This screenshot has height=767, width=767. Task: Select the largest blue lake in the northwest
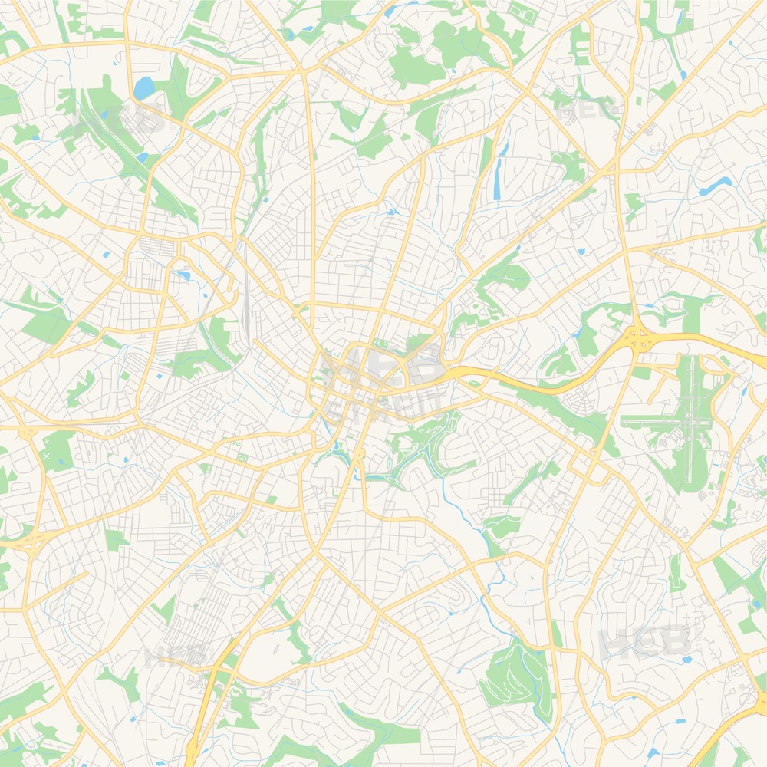[x=143, y=89]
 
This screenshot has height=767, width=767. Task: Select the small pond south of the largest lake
[x=142, y=156]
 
